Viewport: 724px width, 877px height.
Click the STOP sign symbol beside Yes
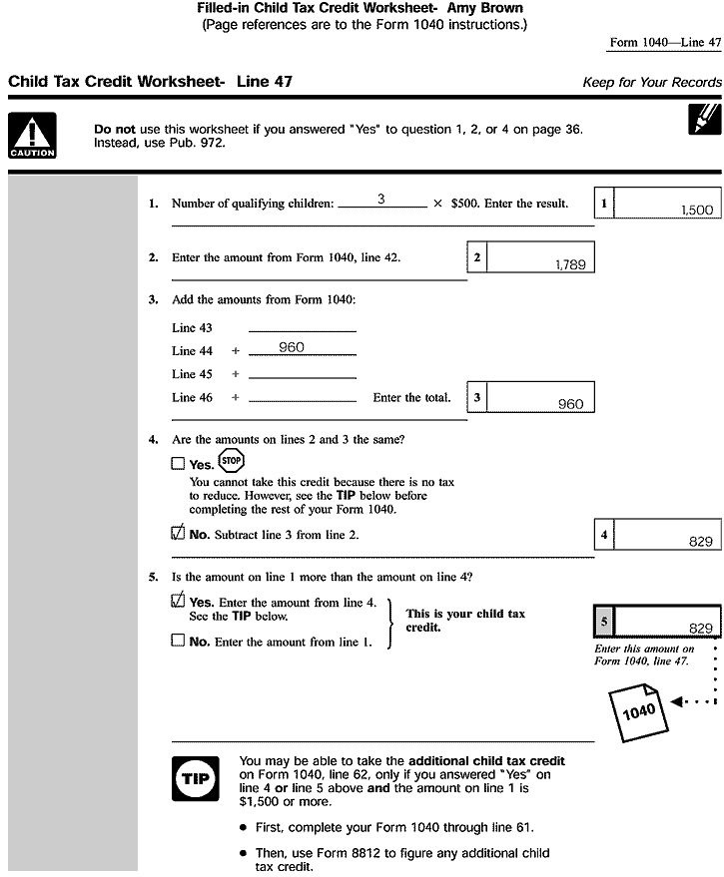[x=231, y=461]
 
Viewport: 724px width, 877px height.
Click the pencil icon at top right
[x=704, y=118]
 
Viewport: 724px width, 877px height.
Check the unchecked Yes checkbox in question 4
[x=178, y=464]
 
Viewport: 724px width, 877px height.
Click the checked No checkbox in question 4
[x=178, y=534]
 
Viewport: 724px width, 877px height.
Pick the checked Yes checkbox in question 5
[x=178, y=602]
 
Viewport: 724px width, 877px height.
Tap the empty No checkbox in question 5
[x=178, y=642]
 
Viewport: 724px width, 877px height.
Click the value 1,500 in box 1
[x=696, y=212]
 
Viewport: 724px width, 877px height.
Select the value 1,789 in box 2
[x=569, y=264]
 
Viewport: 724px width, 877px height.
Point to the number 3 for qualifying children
[x=381, y=200]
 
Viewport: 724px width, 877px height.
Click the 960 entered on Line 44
[x=292, y=347]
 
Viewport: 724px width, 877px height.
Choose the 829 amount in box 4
[x=700, y=541]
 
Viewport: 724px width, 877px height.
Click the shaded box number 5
[x=603, y=621]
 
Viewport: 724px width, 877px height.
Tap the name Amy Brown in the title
[x=485, y=9]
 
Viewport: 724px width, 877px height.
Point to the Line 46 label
[x=192, y=397]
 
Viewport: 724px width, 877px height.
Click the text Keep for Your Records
[x=651, y=82]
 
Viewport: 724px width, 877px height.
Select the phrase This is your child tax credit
[x=464, y=621]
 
